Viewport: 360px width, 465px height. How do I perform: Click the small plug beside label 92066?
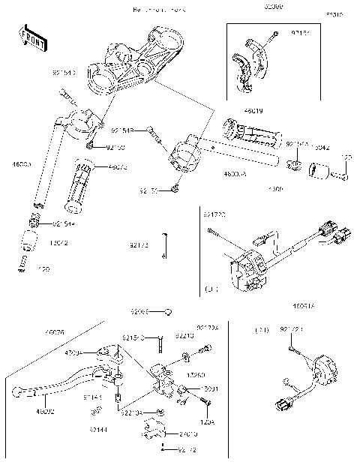(x=170, y=311)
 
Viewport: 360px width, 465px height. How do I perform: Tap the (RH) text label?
(x=262, y=328)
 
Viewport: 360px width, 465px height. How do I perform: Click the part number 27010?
(x=188, y=433)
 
